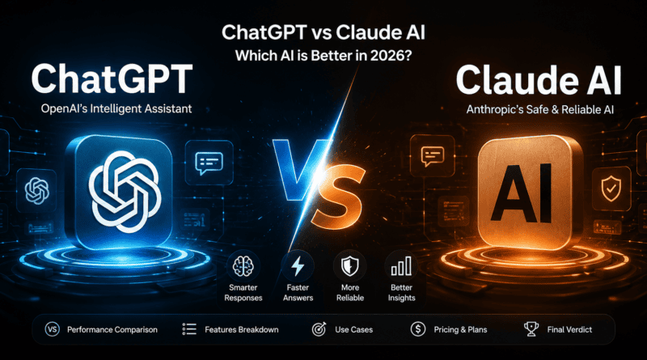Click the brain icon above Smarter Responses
coord(243,266)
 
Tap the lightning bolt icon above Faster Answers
coord(298,266)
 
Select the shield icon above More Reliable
coord(349,266)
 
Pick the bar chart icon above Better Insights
coord(401,266)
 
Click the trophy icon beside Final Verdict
coord(531,329)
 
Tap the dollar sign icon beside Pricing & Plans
coord(418,329)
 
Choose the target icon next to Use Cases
coord(319,329)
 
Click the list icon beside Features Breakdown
coord(189,329)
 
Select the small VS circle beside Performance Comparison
coord(52,329)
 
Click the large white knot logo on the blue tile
coord(125,191)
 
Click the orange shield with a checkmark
coord(611,188)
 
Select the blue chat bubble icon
coord(209,163)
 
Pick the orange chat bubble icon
coord(433,156)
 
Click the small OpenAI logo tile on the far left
coord(36,191)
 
